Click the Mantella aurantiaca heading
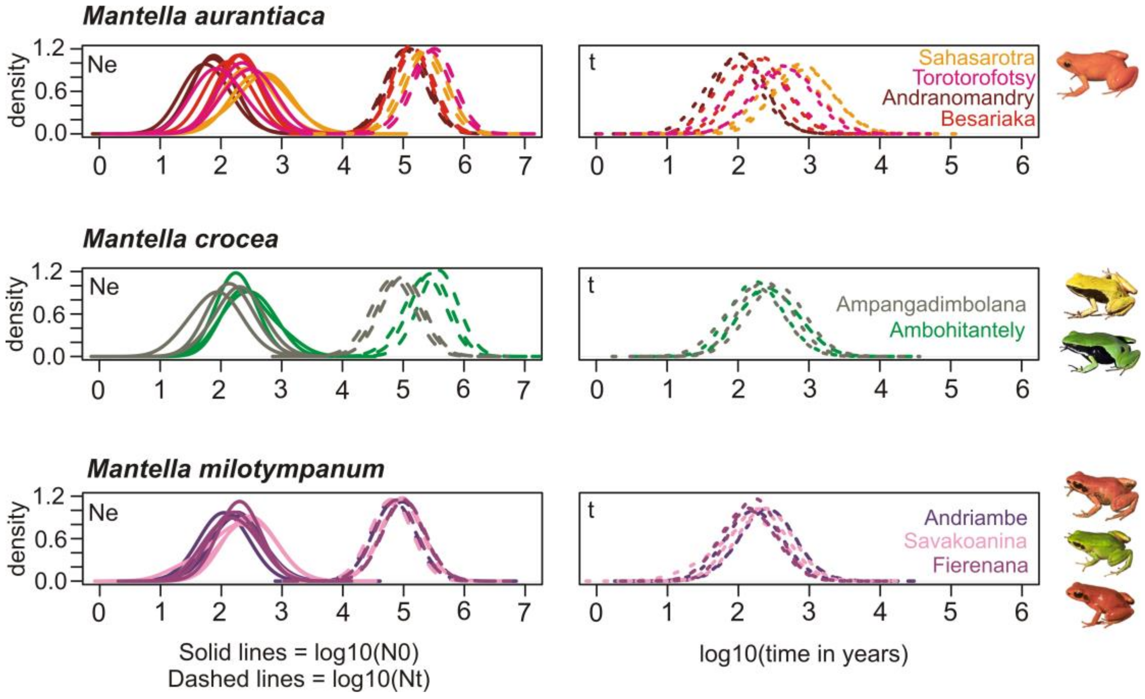[x=203, y=16]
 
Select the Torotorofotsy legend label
[x=974, y=78]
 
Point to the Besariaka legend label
[x=988, y=119]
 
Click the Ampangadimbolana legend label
[x=931, y=305]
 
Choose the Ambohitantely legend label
[x=957, y=330]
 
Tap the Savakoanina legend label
[x=965, y=541]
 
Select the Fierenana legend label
[x=981, y=565]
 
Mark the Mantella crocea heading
[x=180, y=240]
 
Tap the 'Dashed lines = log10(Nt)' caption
[x=299, y=679]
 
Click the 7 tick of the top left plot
[x=525, y=166]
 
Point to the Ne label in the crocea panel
[x=104, y=287]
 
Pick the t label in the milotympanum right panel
[x=591, y=510]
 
